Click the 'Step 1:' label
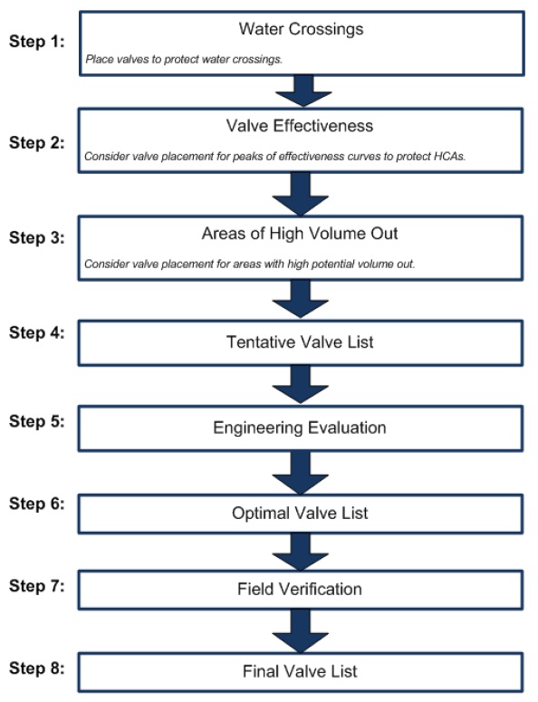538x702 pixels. tap(37, 43)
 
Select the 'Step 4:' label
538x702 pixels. tap(37, 332)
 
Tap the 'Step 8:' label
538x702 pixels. tap(37, 669)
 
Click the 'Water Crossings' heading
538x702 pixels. tap(301, 29)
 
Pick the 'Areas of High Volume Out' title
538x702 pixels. tap(301, 234)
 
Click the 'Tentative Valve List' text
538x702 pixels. tap(301, 343)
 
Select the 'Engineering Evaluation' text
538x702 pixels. tap(301, 428)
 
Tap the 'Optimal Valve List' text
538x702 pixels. tap(301, 514)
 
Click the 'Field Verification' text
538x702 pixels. tap(301, 590)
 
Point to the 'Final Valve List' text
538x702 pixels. tap(301, 672)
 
